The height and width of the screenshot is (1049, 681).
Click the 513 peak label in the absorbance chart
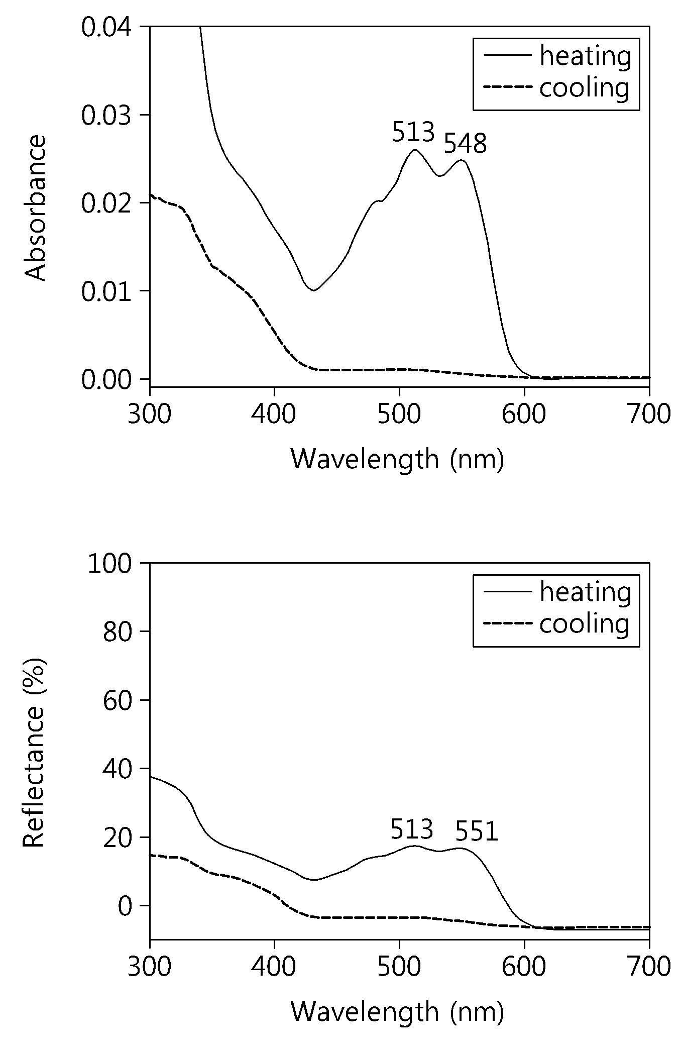(413, 133)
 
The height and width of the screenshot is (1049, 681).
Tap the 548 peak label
(466, 144)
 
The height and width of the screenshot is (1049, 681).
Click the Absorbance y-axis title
(35, 208)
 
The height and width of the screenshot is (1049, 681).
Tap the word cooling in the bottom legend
(585, 624)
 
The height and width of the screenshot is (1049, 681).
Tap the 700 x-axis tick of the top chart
(649, 414)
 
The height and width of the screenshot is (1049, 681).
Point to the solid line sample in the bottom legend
(507, 591)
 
